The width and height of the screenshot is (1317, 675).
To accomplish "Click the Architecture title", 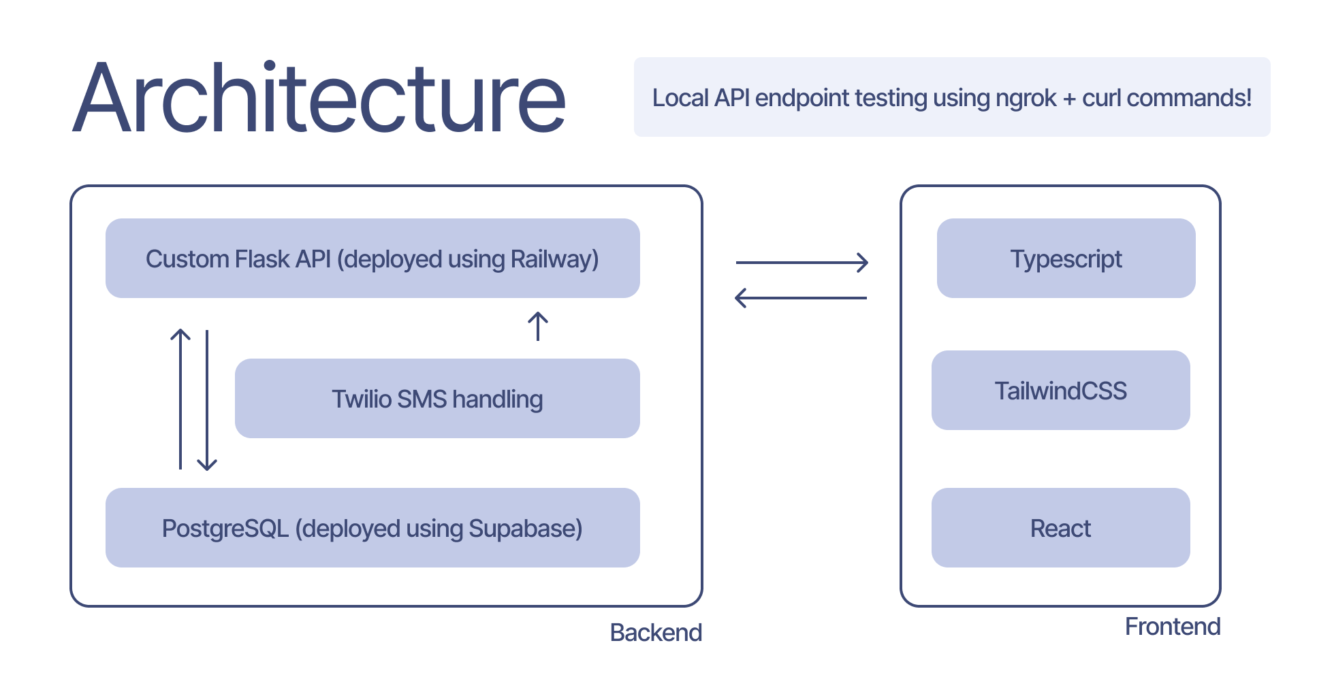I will (319, 99).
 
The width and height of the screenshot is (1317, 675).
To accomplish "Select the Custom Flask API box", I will (372, 259).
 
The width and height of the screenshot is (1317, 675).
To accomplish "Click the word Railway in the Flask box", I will (554, 260).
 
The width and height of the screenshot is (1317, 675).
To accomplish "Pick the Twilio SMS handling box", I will (437, 399).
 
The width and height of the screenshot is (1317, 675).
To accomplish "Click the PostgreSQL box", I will (372, 528).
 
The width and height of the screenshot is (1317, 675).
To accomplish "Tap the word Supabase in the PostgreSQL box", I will (525, 529).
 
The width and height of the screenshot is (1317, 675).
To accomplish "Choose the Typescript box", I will (1066, 259).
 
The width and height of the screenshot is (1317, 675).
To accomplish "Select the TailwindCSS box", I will (1060, 391).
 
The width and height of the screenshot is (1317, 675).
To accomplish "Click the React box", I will (1060, 528).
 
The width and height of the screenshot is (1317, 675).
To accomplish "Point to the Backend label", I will (656, 633).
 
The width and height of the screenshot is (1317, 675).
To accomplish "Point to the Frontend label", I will (1172, 627).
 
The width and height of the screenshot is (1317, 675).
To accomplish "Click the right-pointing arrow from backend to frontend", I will (802, 262).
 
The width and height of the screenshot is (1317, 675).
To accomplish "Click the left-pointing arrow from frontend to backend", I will (801, 298).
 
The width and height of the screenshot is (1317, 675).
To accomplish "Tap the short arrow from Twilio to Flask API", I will (538, 327).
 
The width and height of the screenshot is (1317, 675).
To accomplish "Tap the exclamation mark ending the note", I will (1248, 98).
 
